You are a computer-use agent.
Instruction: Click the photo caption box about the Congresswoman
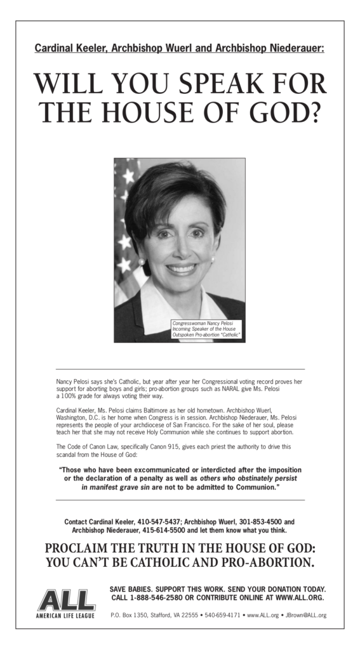pyautogui.click(x=207, y=329)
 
